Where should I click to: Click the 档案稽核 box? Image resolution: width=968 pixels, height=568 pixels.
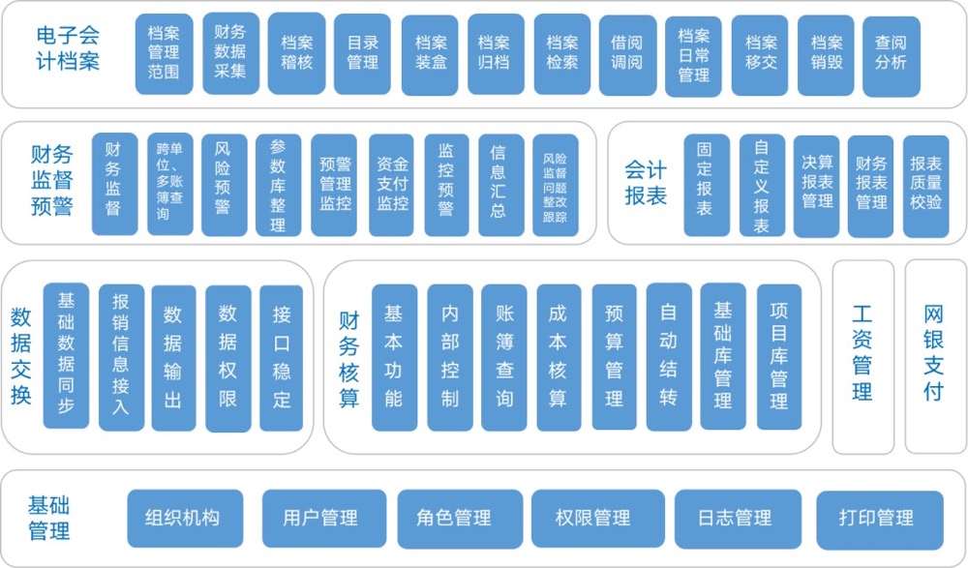click(x=296, y=53)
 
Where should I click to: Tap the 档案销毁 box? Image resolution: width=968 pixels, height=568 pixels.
click(x=826, y=53)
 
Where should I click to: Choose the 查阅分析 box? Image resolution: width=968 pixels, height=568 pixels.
click(x=890, y=53)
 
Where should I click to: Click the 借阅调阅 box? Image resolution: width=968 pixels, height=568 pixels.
click(x=626, y=53)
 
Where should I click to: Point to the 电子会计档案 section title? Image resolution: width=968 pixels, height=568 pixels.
click(x=68, y=48)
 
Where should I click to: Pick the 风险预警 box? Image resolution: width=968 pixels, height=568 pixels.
click(x=223, y=184)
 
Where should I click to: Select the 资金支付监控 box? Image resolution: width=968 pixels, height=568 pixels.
click(x=392, y=184)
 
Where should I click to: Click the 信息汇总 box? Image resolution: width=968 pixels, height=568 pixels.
click(x=499, y=184)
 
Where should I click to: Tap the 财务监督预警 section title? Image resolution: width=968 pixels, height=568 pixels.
click(x=51, y=181)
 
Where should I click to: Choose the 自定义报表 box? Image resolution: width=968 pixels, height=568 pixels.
click(x=761, y=184)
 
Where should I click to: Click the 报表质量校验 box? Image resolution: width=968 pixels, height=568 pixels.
click(x=925, y=184)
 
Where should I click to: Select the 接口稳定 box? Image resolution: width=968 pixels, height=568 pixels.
click(x=281, y=357)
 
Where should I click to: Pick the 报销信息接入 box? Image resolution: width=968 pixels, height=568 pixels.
click(x=120, y=357)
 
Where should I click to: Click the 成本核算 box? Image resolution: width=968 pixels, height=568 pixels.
click(x=559, y=357)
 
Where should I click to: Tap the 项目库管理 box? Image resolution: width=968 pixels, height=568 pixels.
click(x=779, y=357)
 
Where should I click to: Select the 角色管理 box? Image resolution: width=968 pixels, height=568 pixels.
click(x=458, y=518)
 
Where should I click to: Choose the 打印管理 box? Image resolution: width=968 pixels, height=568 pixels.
click(x=878, y=518)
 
